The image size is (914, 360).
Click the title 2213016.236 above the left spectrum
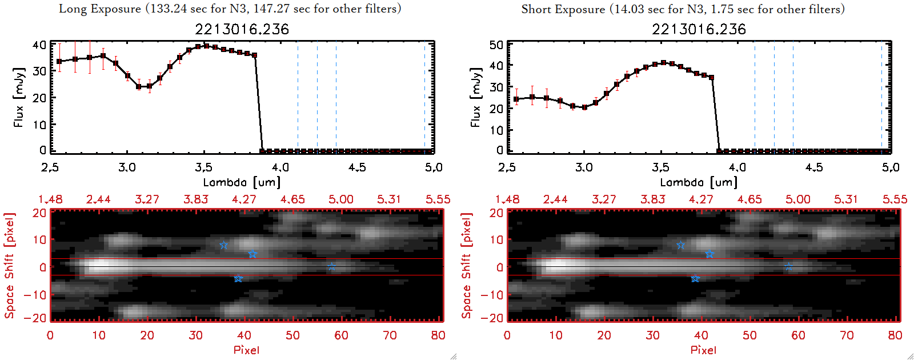click(242, 29)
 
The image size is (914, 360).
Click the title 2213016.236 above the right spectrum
click(699, 29)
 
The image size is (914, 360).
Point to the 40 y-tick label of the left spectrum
click(39, 45)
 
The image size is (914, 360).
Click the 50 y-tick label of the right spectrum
click(496, 45)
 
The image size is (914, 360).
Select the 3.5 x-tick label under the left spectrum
click(203, 167)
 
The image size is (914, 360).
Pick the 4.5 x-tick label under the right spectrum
click(814, 167)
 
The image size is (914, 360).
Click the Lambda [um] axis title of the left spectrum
click(242, 182)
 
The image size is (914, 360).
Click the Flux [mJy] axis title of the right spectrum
click(475, 97)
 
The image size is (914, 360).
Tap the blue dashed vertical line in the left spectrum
click(336, 97)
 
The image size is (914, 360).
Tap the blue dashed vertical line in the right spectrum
click(793, 97)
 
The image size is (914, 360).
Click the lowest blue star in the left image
click(238, 278)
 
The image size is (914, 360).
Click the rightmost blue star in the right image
click(788, 267)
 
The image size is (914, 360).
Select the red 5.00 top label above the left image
click(340, 199)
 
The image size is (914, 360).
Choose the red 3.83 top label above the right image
click(652, 199)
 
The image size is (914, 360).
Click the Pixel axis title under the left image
click(246, 350)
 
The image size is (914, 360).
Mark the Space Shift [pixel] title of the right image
click(467, 266)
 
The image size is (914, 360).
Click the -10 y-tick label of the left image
click(35, 294)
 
